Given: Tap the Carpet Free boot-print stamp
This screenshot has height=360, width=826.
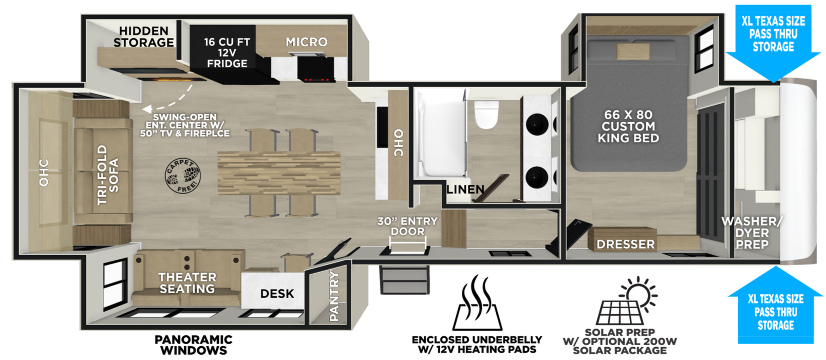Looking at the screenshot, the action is click(x=182, y=176).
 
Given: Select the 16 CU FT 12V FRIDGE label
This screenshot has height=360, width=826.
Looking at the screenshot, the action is click(x=227, y=53).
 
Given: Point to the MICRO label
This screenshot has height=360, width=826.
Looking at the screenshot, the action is click(x=307, y=42).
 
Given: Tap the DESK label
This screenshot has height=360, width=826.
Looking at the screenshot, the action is click(x=277, y=294).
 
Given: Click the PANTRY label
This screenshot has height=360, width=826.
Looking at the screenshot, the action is click(x=334, y=295).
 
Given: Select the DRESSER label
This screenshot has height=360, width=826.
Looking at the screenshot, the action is click(x=626, y=244).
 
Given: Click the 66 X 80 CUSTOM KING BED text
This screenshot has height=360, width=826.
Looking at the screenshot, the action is click(x=628, y=126).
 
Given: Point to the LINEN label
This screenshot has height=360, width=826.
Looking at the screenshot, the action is click(x=465, y=190).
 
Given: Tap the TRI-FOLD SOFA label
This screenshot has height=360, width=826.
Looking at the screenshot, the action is click(x=108, y=175).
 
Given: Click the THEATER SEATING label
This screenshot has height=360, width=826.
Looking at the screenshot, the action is click(x=187, y=283).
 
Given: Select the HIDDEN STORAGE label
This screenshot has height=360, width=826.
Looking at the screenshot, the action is click(x=143, y=36).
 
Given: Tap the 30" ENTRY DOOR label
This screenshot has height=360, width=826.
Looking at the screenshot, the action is click(x=407, y=226).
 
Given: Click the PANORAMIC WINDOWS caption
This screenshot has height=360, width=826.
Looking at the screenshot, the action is click(x=194, y=345).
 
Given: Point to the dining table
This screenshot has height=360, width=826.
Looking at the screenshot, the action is click(x=279, y=173).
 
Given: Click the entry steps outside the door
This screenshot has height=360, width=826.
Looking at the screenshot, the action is click(x=404, y=280).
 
